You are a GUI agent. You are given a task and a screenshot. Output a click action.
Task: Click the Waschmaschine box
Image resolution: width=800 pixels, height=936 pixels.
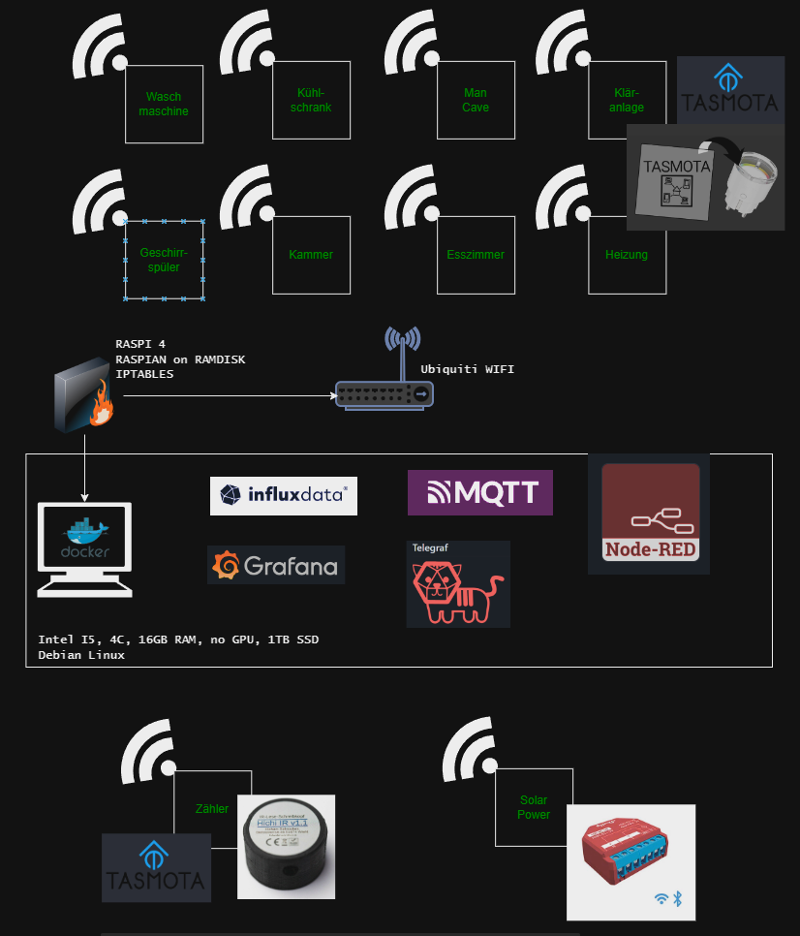point(164,104)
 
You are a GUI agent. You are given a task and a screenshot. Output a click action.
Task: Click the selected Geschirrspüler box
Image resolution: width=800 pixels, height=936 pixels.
point(164,260)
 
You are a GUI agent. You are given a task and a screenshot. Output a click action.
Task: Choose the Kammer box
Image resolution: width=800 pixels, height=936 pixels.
point(311,255)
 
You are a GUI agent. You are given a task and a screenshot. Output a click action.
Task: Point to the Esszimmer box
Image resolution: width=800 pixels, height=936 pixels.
point(475,255)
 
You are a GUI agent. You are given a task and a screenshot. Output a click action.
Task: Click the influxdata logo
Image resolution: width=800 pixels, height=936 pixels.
point(283,495)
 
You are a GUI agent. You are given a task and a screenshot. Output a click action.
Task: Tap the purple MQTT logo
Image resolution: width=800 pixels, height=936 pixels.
point(479,492)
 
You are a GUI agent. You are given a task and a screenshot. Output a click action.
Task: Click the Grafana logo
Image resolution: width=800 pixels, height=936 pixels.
point(276,565)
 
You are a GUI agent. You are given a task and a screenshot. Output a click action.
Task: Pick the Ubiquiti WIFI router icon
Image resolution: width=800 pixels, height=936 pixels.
point(385,384)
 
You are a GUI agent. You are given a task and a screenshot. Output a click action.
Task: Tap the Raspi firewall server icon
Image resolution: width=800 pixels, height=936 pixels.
point(85,393)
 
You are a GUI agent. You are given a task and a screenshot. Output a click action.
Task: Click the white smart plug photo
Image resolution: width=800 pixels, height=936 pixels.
point(750,177)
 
